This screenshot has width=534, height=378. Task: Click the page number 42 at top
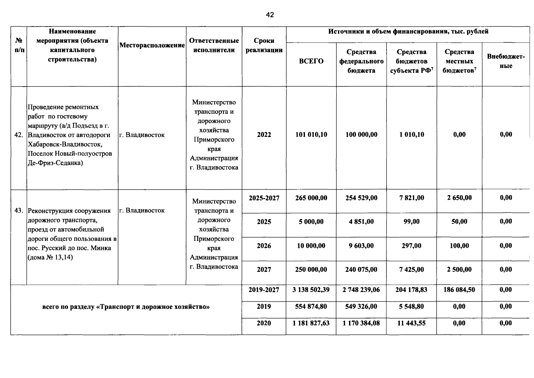pos(270,15)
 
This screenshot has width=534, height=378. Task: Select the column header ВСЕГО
pos(311,61)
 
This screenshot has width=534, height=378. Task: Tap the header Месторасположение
pos(152,45)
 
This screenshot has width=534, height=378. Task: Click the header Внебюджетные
pos(506,61)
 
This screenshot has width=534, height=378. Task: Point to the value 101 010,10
pos(311,135)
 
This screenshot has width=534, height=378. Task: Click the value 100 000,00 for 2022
pos(361,135)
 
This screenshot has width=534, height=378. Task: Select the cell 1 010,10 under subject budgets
pos(411,135)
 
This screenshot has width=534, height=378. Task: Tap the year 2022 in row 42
pos(264,135)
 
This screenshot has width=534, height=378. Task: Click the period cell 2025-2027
pos(264,198)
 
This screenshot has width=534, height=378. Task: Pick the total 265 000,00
pos(311,198)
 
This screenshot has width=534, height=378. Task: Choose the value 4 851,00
pos(361,221)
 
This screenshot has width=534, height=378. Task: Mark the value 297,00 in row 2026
pos(411,246)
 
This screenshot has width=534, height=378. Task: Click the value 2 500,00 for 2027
pos(459,269)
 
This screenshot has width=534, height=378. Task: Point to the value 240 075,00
pos(361,269)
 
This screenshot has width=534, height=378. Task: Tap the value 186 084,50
pos(459,289)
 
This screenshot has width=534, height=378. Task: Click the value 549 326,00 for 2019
pos(361,306)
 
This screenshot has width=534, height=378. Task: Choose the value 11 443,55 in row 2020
pos(411,323)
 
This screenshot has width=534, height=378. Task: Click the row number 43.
pos(19,210)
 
